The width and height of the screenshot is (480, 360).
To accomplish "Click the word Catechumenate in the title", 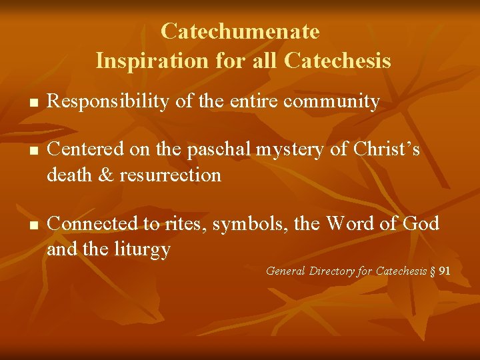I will (240, 31).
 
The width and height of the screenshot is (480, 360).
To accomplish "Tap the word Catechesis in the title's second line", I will (337, 61).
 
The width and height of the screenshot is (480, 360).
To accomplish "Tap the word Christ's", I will (385, 150).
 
